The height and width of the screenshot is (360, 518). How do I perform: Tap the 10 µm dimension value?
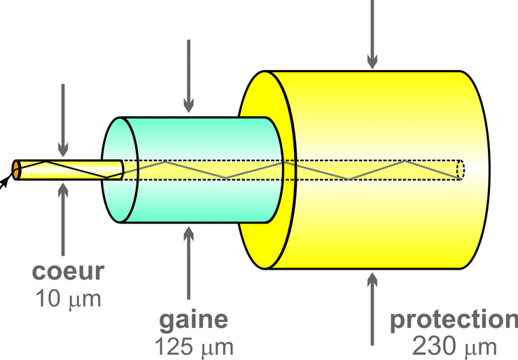tap(68, 299)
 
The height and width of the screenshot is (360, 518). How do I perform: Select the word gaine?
tap(194, 319)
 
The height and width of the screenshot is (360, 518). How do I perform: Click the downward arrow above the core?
tap(63, 119)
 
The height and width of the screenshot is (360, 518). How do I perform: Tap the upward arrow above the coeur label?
tap(63, 217)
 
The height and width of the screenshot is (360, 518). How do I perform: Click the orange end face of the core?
tap(16, 169)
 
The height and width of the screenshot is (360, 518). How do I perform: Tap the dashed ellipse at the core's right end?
tap(461, 169)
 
